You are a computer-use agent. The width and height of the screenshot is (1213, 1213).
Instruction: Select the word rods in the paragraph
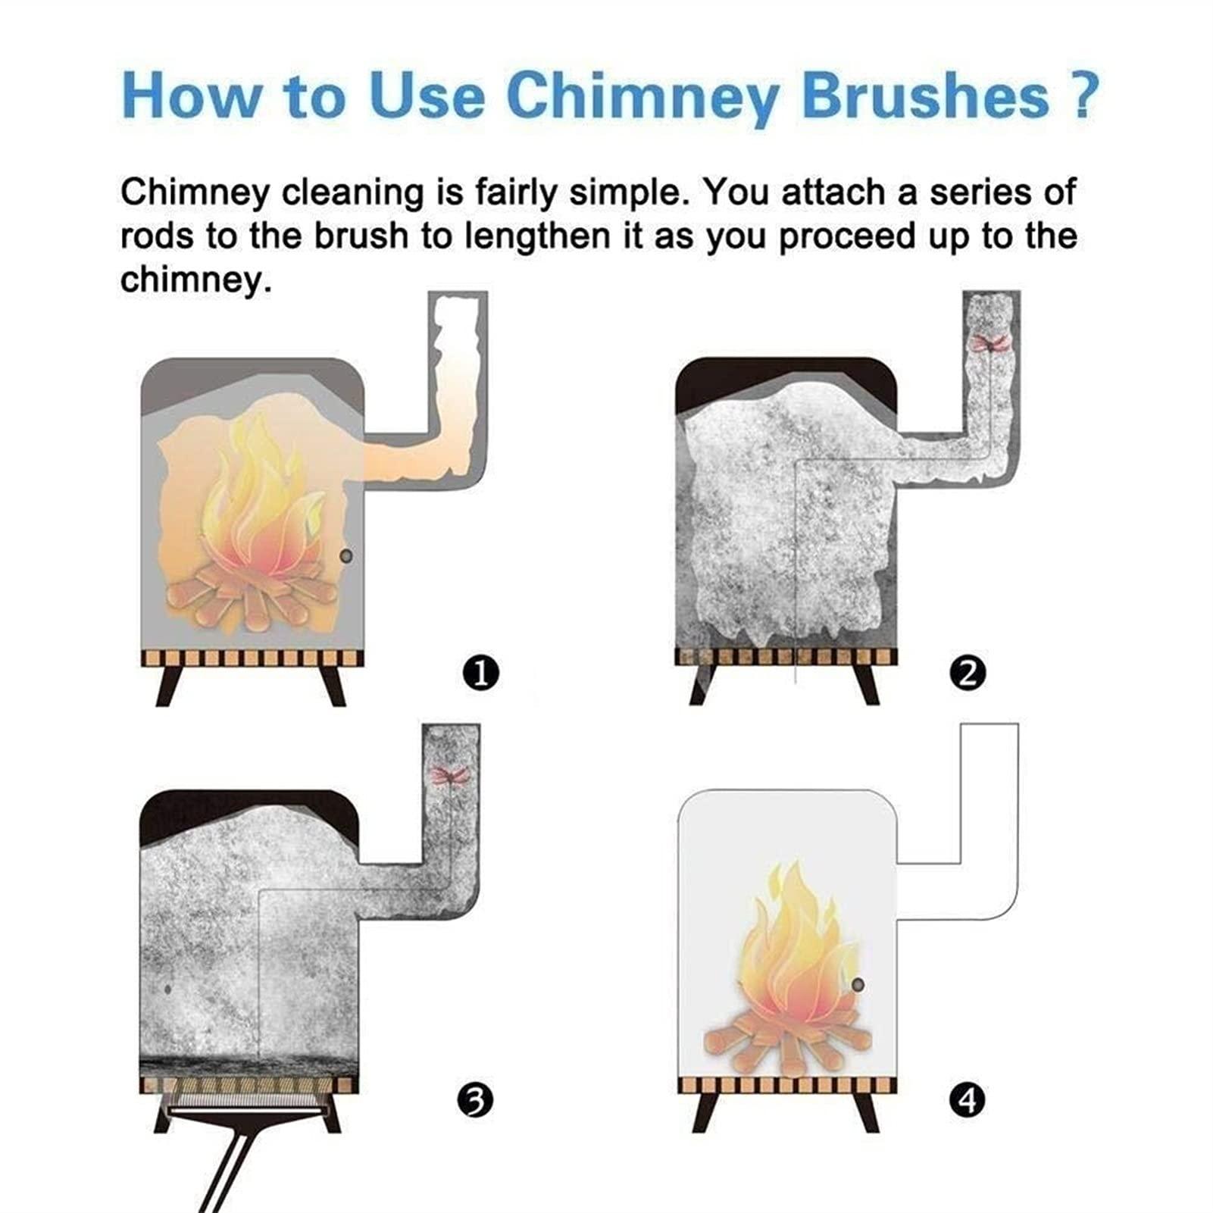point(156,237)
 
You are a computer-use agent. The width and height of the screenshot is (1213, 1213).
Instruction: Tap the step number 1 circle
point(481,673)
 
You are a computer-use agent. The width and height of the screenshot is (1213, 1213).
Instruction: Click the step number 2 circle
point(967,673)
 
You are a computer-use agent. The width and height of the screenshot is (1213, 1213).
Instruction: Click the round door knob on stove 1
point(346,557)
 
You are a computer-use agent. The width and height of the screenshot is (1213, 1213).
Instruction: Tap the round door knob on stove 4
point(858,986)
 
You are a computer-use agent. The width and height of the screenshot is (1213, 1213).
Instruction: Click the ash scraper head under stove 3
point(247,1111)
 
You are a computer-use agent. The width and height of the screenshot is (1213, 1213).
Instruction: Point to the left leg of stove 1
point(167,686)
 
